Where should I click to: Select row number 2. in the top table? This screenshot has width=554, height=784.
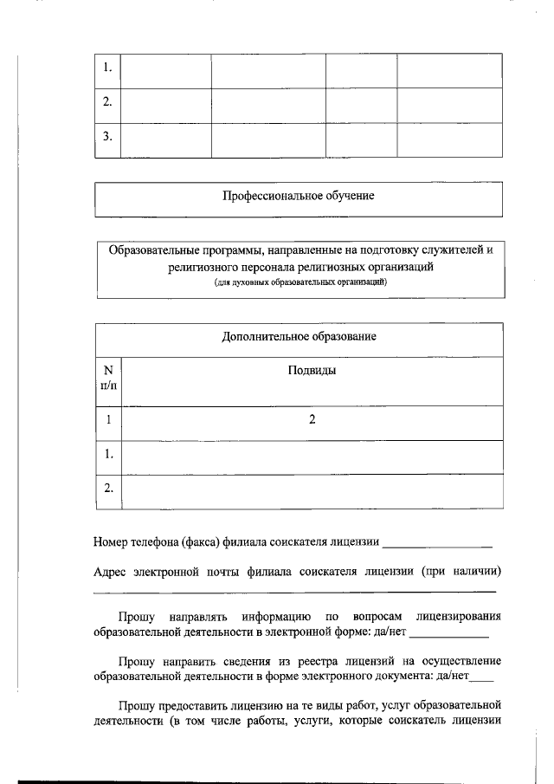click(107, 102)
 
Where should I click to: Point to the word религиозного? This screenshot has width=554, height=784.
click(200, 268)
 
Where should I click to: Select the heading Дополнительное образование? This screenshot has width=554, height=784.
click(299, 336)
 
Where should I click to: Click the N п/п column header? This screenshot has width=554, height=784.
click(108, 376)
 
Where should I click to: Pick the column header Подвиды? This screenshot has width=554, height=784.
click(312, 370)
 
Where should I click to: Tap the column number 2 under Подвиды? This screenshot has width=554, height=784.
click(312, 419)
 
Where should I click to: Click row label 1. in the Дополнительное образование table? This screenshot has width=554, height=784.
click(108, 453)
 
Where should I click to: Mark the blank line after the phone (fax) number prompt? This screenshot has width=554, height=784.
click(437, 546)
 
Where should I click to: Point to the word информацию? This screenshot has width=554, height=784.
click(274, 618)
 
